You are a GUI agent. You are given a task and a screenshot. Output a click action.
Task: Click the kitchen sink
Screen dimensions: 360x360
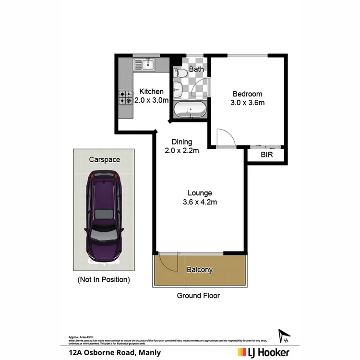tap(145, 63)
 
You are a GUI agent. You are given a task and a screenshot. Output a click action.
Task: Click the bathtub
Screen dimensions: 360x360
tap(190, 110)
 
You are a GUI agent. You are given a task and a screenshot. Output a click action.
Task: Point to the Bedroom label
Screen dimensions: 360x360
tap(248, 94)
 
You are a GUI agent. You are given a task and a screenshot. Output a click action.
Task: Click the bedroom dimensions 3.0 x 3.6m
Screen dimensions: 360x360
tap(248, 103)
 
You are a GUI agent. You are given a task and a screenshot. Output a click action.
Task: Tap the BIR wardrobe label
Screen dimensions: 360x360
tap(266, 155)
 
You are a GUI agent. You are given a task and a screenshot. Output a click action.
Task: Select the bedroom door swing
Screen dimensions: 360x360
tap(224, 138)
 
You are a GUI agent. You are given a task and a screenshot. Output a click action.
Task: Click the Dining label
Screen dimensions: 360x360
tap(182, 142)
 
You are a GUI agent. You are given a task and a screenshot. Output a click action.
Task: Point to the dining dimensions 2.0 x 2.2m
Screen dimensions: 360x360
tap(182, 151)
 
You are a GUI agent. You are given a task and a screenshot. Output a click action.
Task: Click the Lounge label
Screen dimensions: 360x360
tap(199, 193)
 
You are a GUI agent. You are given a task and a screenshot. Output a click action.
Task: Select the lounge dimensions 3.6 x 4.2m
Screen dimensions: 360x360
tap(199, 202)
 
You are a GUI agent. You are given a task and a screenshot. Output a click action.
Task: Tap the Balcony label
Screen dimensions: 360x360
tap(199, 270)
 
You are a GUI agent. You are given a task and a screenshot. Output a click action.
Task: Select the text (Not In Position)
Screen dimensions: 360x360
tap(104, 279)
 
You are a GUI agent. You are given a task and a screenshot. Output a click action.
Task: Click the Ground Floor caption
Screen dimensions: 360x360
tap(198, 295)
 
